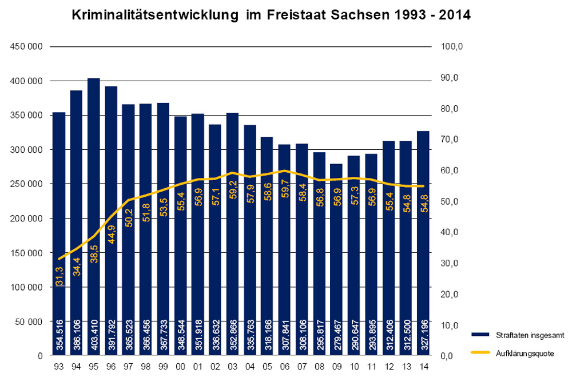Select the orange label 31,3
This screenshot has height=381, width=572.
click(59, 277)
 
